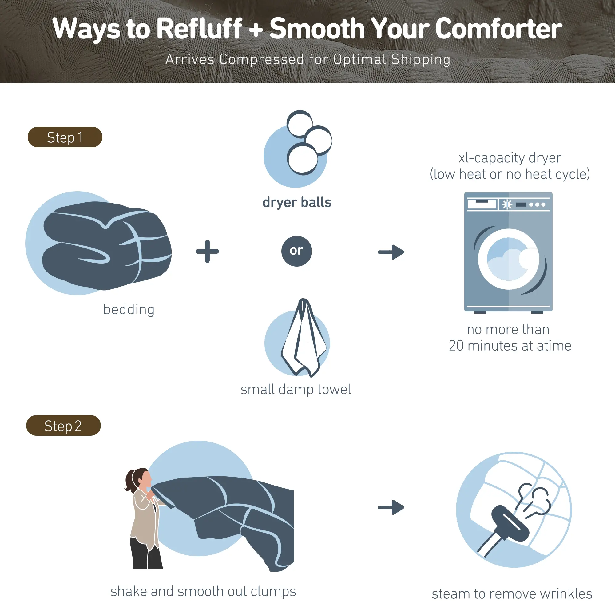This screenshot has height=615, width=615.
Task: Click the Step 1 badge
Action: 65,137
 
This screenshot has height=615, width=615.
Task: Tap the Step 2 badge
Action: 63,426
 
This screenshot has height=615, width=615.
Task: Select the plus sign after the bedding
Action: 207,252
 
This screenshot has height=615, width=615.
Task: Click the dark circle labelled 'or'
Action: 297,251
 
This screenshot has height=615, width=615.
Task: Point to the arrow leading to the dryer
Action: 391,252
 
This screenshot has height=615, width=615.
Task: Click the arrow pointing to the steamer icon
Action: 391,507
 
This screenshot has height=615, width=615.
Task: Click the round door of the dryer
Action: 509,259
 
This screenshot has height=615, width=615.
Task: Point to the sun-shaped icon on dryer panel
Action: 507,204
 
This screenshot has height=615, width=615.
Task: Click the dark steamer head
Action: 510,523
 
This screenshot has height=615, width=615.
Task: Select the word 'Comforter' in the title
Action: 498,29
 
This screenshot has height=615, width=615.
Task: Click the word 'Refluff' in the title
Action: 200,29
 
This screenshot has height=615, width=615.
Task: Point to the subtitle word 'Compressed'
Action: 262,59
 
